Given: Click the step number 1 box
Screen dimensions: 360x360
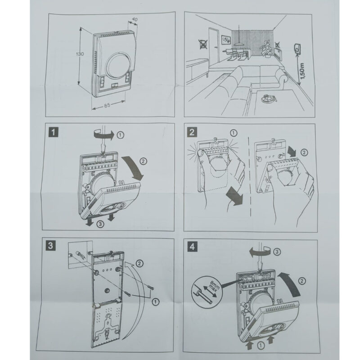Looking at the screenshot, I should tap(54, 132).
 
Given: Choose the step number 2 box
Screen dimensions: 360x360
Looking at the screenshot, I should tap(192, 132).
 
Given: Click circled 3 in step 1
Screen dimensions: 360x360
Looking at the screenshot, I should tap(101, 224).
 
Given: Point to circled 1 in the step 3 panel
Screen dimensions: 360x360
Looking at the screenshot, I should tap(155, 300).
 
